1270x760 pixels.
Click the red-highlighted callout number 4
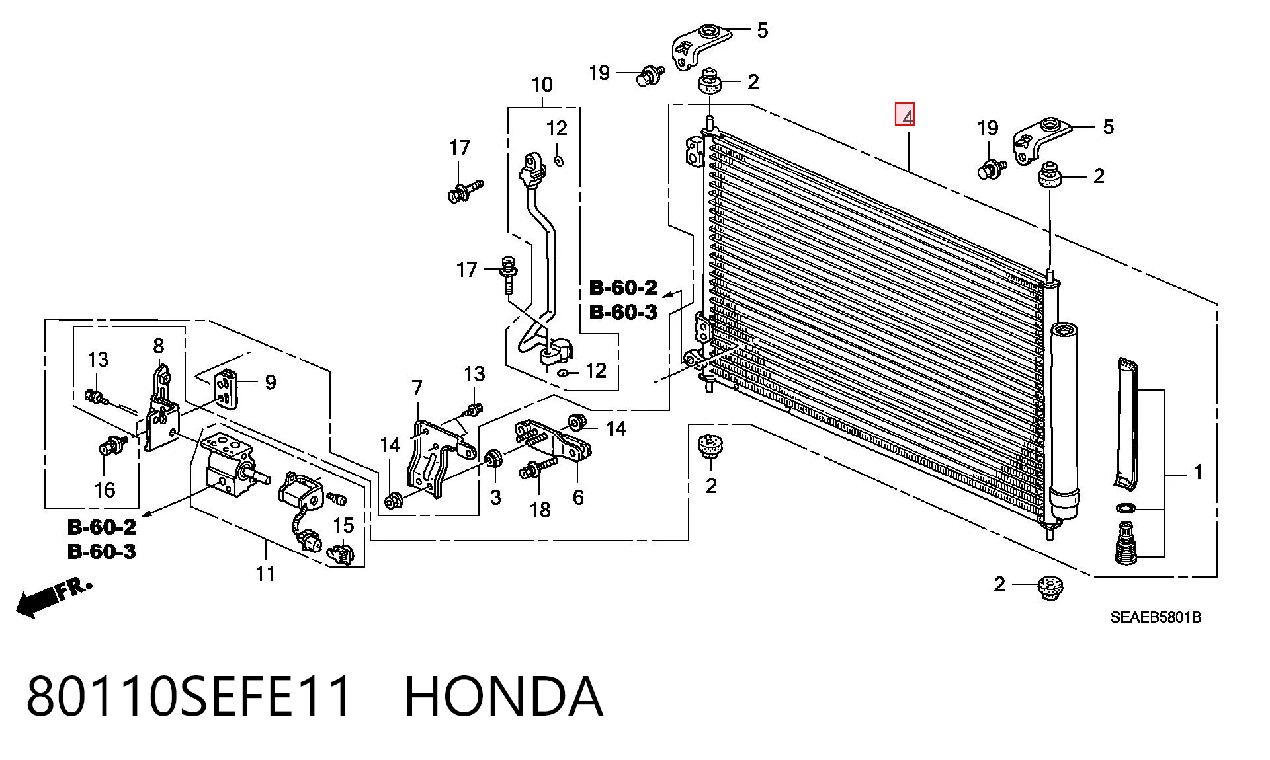905,115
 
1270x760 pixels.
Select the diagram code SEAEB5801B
1156,617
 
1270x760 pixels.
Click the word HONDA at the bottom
503,696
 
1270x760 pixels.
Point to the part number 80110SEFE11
189,696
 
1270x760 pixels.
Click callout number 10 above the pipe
542,85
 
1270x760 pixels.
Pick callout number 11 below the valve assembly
265,573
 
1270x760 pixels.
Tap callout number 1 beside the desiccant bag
1197,472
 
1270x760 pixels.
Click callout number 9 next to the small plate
270,382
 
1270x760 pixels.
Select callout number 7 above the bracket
417,388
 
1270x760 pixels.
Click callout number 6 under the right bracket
578,497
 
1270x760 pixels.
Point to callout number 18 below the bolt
540,510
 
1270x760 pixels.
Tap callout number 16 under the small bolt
105,490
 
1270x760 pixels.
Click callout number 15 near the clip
343,525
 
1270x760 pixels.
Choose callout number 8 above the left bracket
158,345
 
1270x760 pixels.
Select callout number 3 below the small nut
495,497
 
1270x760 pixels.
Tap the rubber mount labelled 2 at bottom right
1049,587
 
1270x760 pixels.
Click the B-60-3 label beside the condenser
623,312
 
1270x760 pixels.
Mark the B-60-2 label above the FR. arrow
101,527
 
